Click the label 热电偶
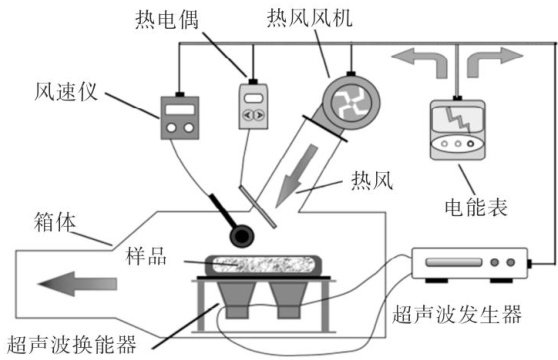(x=167, y=19)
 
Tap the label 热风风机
(x=310, y=17)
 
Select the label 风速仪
(x=66, y=92)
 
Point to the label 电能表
(x=476, y=207)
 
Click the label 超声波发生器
(x=457, y=314)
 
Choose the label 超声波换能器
(x=71, y=344)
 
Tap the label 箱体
(x=55, y=222)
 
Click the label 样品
(x=146, y=256)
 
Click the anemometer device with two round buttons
(x=180, y=117)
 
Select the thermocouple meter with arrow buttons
(x=253, y=105)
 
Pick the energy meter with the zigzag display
(x=457, y=130)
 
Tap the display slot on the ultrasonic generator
(x=454, y=263)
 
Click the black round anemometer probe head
(x=241, y=235)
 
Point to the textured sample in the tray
(x=264, y=265)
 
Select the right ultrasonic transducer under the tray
(x=288, y=300)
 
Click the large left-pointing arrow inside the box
(x=77, y=284)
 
